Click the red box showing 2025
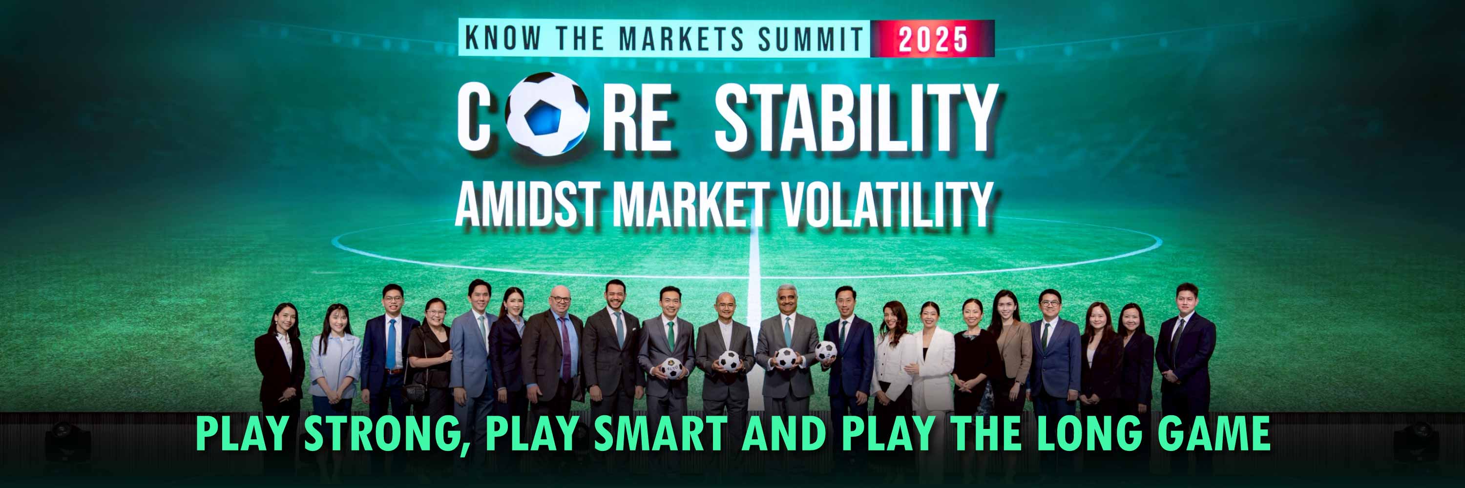point(933,39)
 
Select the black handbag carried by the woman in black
point(415,391)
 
